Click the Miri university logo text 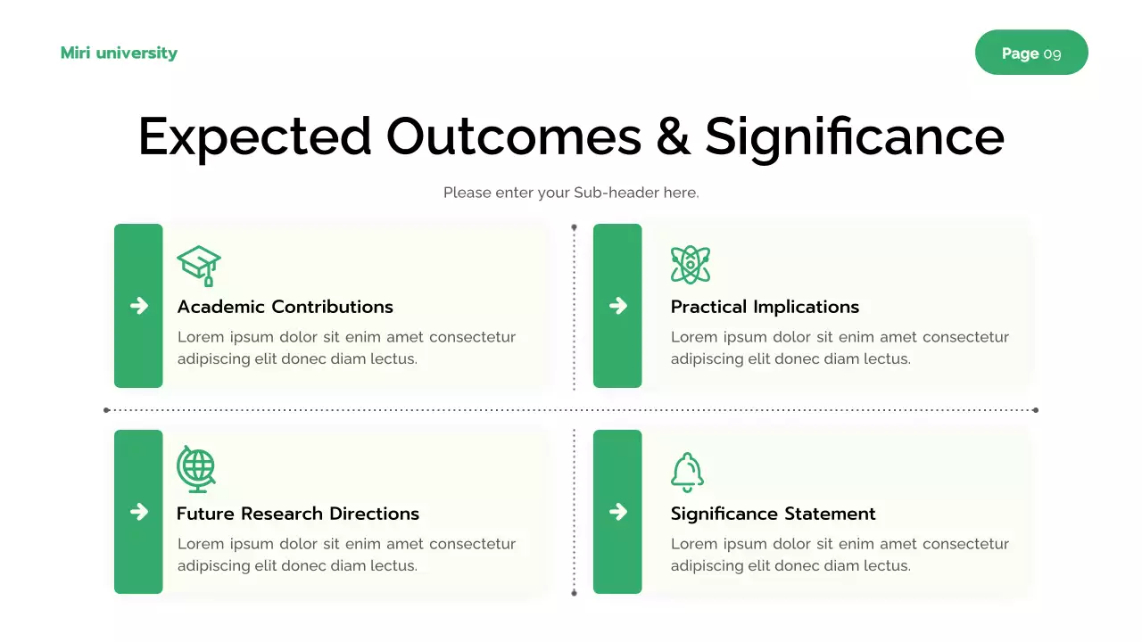(x=119, y=53)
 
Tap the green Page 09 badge (x=1031, y=53)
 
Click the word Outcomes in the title (x=513, y=136)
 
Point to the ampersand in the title (x=674, y=136)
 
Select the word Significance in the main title (x=854, y=136)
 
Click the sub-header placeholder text (x=571, y=192)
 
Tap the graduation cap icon (x=199, y=265)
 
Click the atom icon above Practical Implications (x=691, y=265)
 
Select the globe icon (x=196, y=469)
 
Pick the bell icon (x=687, y=472)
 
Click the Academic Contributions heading (x=285, y=307)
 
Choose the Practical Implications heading (x=765, y=307)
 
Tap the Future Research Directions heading (x=297, y=514)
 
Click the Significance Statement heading (x=773, y=514)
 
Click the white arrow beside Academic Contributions (x=139, y=306)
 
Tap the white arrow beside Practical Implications (x=617, y=306)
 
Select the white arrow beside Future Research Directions (x=139, y=511)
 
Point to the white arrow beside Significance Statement (x=617, y=511)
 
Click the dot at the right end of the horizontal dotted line (x=1035, y=410)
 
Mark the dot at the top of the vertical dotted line (x=574, y=227)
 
